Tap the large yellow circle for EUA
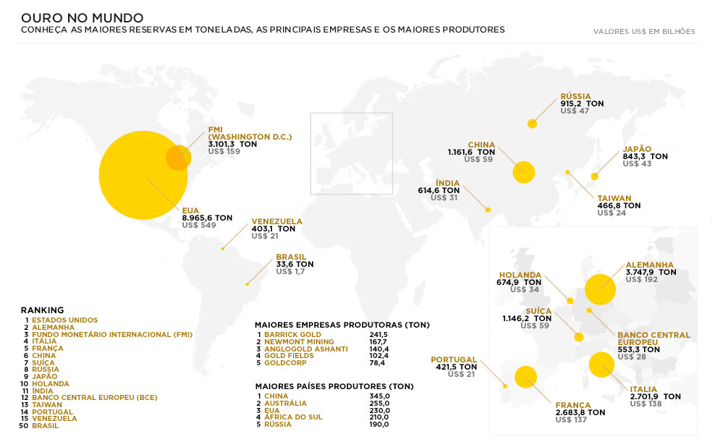[x=143, y=174]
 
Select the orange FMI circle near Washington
[x=178, y=157]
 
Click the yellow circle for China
[x=523, y=172]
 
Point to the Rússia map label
[x=575, y=96]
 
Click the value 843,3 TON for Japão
[x=645, y=156]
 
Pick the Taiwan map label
[x=614, y=198]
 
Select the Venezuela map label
[x=276, y=221]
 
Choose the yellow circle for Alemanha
[x=600, y=289]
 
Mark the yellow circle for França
[x=525, y=377]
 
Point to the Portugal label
[x=454, y=359]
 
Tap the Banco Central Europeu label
[x=653, y=339]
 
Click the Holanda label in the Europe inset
[x=520, y=275]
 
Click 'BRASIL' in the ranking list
[x=45, y=426]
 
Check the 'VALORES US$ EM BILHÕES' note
[x=644, y=32]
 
